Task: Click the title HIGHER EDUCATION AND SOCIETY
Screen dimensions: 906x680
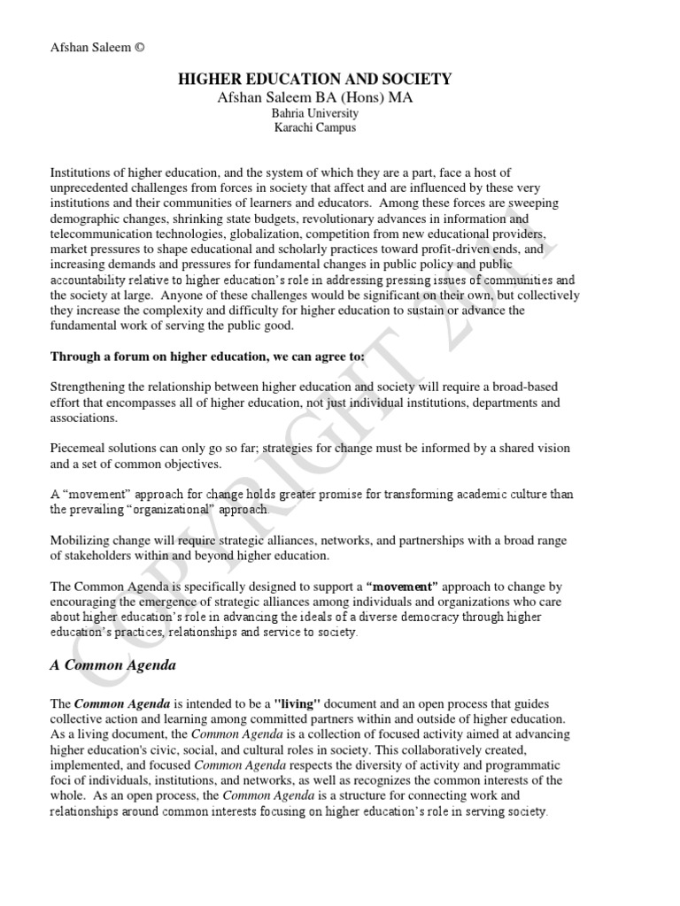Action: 315,80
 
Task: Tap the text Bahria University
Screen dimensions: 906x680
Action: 315,114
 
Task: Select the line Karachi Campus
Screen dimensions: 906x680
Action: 315,128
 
